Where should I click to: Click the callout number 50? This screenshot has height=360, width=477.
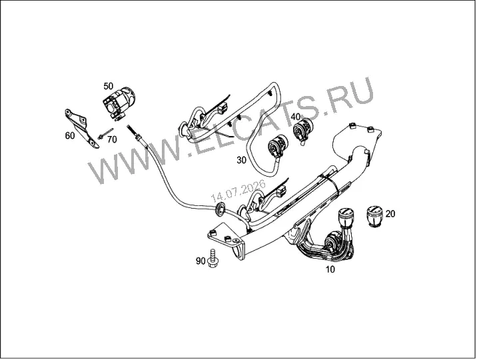(109, 86)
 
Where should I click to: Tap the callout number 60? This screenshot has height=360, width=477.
(70, 135)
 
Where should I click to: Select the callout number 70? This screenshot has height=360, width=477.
(112, 139)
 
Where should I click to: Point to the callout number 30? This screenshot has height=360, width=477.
(241, 160)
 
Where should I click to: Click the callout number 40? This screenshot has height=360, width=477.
(295, 117)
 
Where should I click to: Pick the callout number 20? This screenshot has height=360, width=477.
(390, 214)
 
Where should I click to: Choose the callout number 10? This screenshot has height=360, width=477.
(330, 269)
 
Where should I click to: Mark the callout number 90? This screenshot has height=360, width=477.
(201, 261)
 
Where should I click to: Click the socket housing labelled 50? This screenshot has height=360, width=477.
(119, 101)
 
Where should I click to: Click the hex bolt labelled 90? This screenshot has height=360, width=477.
(214, 258)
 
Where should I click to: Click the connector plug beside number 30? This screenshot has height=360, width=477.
(277, 146)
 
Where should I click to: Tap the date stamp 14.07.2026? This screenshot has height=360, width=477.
(238, 191)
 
